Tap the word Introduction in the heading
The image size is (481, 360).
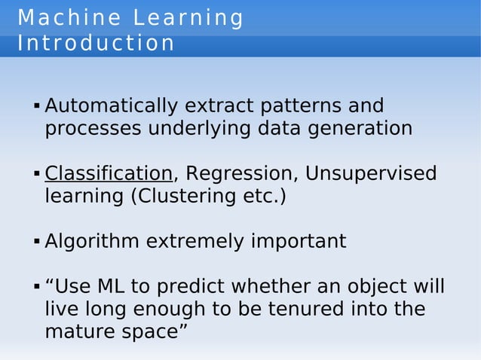pos(96,43)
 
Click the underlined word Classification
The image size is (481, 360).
pos(109,174)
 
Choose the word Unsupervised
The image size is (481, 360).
pos(370,174)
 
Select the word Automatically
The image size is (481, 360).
pos(110,105)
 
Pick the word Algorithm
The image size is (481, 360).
pos(92,242)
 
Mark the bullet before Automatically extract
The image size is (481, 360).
pos(36,107)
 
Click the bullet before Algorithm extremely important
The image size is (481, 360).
pos(36,243)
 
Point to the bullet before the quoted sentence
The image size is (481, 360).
pos(36,288)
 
